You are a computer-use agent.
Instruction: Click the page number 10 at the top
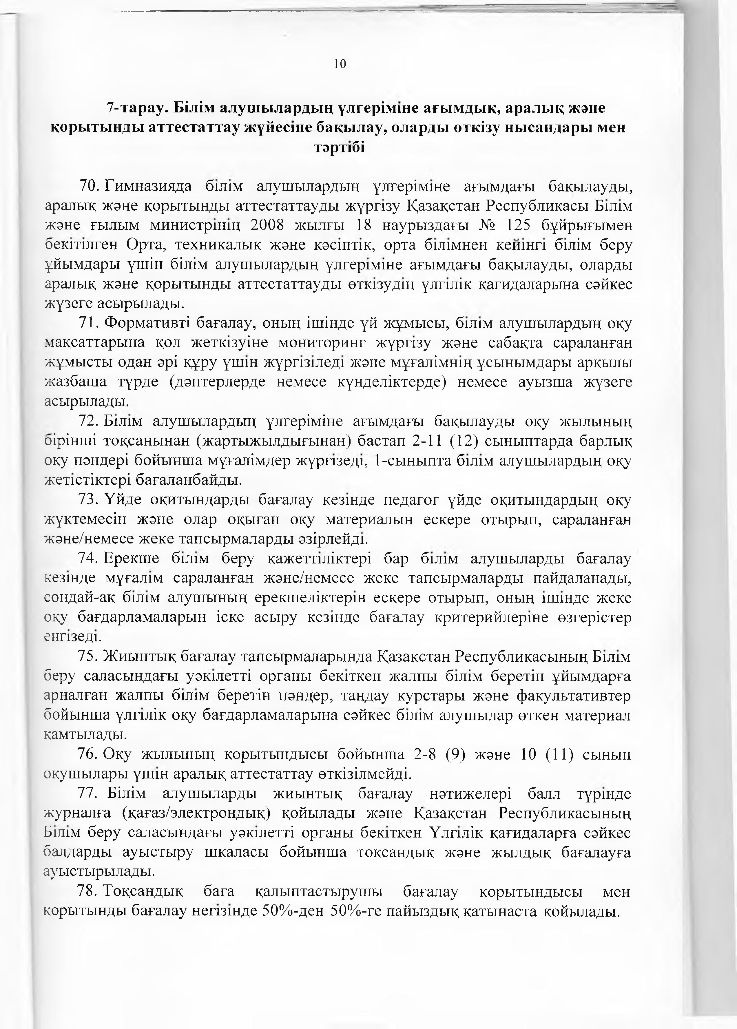coord(340,64)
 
